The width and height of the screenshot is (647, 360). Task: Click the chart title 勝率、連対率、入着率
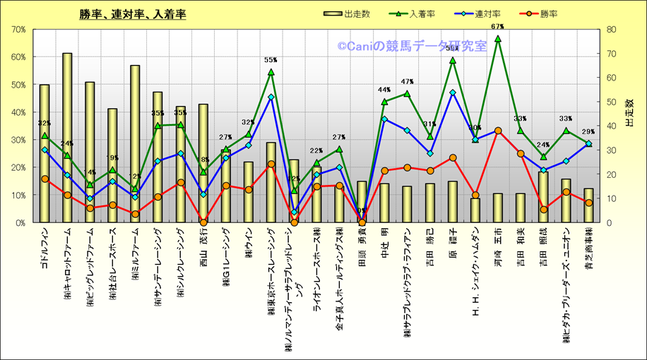pyautogui.click(x=133, y=14)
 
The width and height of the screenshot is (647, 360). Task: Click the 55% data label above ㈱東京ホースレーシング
pyautogui.click(x=271, y=61)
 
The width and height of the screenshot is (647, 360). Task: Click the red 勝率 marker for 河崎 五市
pyautogui.click(x=498, y=131)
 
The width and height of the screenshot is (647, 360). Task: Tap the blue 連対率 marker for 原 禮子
pyautogui.click(x=453, y=92)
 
